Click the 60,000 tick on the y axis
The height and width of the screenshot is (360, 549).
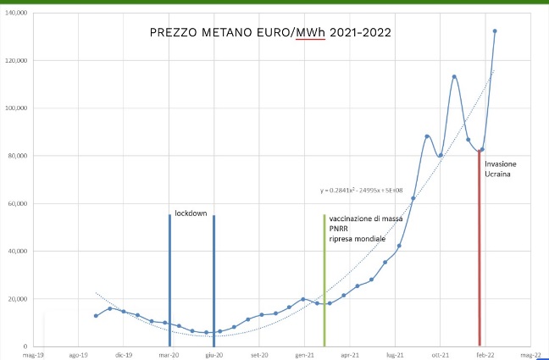(x=18, y=204)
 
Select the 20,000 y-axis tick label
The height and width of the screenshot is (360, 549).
(x=18, y=299)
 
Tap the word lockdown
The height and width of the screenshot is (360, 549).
(x=191, y=213)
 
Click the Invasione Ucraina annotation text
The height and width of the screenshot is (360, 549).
(x=501, y=169)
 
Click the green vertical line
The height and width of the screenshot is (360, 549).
(x=324, y=280)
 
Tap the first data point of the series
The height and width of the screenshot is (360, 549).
(x=96, y=316)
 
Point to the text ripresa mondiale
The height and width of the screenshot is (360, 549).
(x=358, y=239)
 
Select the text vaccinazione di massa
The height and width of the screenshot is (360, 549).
(x=366, y=219)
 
